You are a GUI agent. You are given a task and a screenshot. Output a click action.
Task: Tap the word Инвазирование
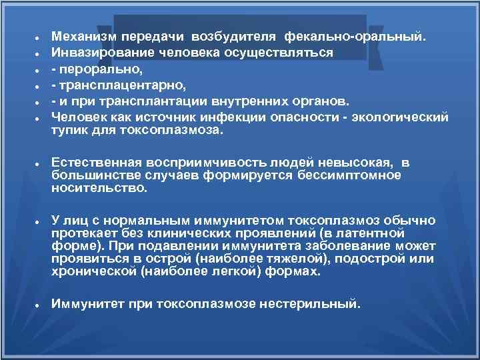coord(96,52)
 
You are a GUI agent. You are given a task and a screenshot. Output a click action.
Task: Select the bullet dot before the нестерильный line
coord(40,305)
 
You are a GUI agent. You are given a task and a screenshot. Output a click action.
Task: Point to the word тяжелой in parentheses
coord(278,259)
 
